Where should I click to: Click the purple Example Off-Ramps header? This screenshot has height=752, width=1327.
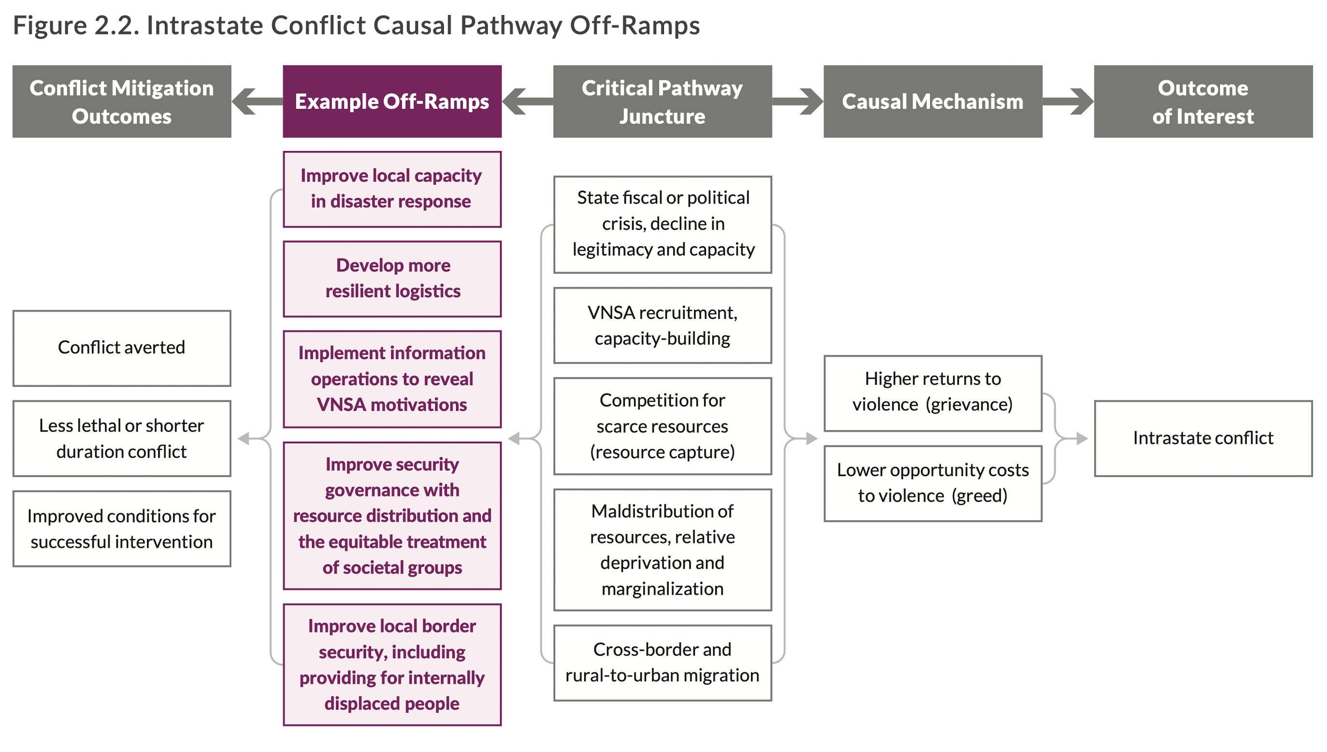[x=392, y=101]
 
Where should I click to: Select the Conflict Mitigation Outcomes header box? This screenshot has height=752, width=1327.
[x=122, y=101]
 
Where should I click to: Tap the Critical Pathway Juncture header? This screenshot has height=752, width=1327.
[x=662, y=101]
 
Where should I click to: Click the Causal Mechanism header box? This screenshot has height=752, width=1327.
[x=933, y=101]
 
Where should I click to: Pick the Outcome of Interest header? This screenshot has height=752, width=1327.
[x=1203, y=101]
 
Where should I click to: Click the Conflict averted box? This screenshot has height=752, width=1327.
[x=122, y=348]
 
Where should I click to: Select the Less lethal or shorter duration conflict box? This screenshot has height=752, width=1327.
[x=122, y=438]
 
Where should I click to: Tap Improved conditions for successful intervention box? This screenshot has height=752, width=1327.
[x=122, y=529]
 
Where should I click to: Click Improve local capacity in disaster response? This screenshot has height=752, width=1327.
[x=392, y=189]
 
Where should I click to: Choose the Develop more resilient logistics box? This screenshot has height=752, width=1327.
[x=392, y=279]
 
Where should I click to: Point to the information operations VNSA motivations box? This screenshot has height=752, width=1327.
[x=392, y=379]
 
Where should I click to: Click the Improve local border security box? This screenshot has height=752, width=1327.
[x=392, y=665]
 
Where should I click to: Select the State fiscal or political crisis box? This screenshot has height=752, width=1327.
[x=662, y=225]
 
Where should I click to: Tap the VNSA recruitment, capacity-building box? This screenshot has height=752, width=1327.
[x=662, y=325]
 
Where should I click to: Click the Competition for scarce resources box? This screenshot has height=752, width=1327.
[x=662, y=426]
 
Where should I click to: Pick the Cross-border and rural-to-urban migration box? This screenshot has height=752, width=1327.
[x=662, y=663]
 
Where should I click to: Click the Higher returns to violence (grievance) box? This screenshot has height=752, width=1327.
[x=933, y=393]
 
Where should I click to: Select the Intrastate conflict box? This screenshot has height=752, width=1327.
[x=1203, y=438]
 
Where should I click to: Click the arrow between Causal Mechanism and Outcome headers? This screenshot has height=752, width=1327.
[x=1068, y=101]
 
